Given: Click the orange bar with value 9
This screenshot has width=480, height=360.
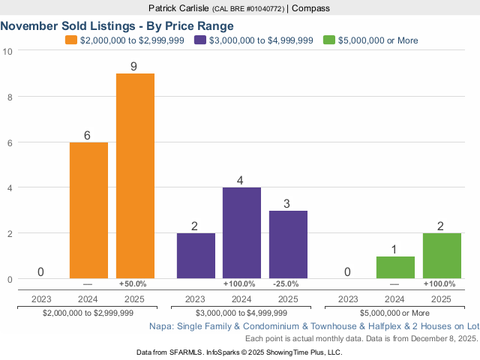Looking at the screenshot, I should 135,176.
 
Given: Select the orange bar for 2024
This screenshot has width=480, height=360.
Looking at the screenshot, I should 88,211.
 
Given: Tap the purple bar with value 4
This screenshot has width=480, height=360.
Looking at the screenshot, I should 241,233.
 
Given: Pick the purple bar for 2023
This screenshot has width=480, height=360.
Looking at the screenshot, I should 196,256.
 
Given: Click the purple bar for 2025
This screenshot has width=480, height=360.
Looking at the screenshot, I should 288,244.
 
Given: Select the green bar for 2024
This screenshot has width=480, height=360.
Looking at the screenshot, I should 395,268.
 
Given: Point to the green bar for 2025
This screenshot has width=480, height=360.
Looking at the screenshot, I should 442,256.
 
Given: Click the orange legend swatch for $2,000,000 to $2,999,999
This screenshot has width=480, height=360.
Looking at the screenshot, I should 71,40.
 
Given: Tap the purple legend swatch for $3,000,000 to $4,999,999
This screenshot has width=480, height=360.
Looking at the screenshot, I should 200,40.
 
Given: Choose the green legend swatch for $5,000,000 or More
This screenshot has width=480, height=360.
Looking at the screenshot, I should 328,40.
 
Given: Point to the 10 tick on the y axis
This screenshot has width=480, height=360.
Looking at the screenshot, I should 7,50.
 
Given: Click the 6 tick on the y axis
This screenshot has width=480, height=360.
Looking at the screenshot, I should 7,142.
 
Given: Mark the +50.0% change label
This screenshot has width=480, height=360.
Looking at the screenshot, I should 133,284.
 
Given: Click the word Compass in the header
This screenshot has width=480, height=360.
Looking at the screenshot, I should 310,8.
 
